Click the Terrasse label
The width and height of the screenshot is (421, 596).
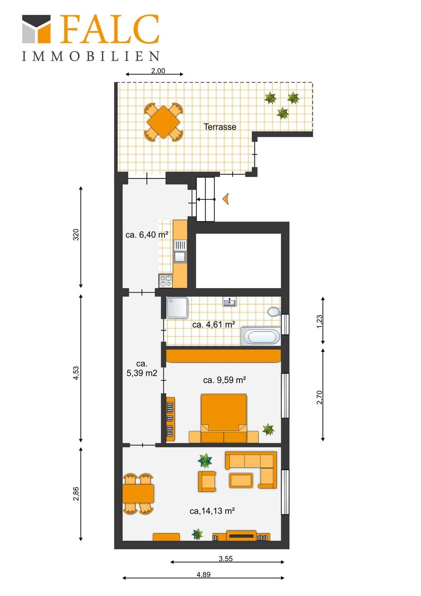click(220, 127)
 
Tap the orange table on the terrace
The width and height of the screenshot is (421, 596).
click(164, 122)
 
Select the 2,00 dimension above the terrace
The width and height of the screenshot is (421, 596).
click(158, 71)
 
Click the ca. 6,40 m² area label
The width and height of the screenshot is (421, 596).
click(147, 235)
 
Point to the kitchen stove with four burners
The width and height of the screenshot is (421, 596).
click(165, 281)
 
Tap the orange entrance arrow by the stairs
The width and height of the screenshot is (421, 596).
click(226, 199)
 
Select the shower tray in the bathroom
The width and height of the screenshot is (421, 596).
click(177, 307)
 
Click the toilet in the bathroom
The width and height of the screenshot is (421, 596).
click(274, 311)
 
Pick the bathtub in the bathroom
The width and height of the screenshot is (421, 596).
click(261, 336)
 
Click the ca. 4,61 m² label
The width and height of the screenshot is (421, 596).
click(214, 324)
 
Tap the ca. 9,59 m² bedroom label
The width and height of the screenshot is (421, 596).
click(224, 380)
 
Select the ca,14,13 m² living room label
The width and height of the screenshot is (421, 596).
click(212, 511)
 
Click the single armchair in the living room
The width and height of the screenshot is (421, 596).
click(207, 481)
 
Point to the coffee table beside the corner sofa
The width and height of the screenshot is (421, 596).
click(241, 481)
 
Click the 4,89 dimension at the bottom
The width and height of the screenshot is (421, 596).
click(203, 575)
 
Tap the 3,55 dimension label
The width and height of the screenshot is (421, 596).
click(226, 559)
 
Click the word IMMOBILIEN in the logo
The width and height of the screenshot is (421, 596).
click(91, 56)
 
